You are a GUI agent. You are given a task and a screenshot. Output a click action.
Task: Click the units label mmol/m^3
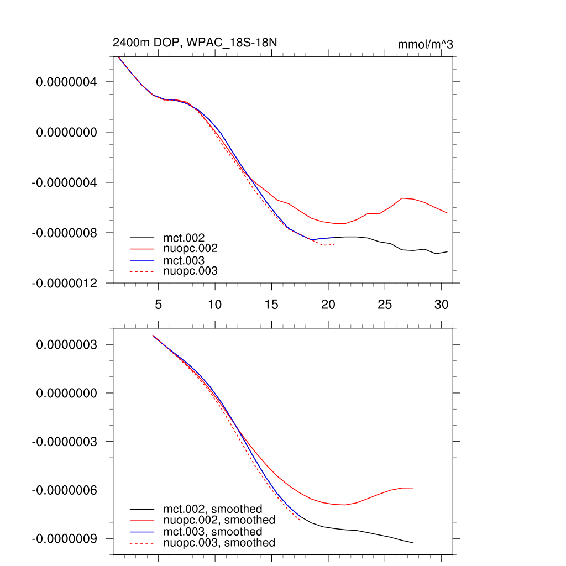click(x=425, y=45)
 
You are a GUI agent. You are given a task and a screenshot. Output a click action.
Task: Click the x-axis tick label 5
click(x=158, y=305)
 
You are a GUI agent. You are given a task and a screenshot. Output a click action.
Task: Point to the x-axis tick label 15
click(x=271, y=305)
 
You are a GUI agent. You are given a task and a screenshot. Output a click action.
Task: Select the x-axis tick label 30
click(x=441, y=305)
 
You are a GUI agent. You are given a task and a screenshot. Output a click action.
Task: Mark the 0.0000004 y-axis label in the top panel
click(x=66, y=82)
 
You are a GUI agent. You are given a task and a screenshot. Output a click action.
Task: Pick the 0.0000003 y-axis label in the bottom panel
click(x=66, y=344)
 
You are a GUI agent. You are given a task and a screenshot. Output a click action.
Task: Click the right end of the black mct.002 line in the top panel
click(x=447, y=251)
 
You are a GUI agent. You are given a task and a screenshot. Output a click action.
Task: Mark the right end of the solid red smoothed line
click(x=413, y=488)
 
